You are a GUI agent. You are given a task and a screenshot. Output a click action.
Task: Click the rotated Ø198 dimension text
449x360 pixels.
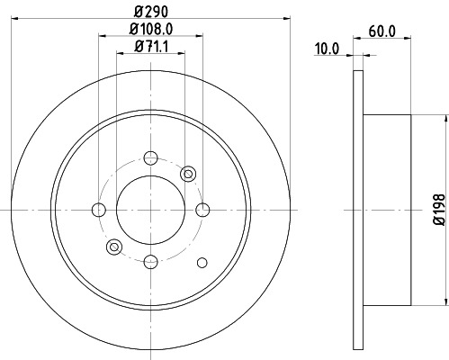(x=440, y=208)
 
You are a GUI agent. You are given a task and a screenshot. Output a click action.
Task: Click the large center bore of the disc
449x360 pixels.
(x=150, y=210)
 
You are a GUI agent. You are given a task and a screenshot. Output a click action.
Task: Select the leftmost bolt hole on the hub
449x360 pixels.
(x=98, y=210)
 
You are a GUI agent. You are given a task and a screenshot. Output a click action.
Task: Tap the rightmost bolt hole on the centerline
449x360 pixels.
(x=202, y=210)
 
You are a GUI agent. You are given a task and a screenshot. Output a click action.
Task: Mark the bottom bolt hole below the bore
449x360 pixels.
(x=150, y=262)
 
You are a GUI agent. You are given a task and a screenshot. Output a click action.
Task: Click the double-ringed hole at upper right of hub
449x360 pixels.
(x=187, y=173)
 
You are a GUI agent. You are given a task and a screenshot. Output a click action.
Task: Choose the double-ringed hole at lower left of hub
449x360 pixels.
(x=113, y=247)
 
